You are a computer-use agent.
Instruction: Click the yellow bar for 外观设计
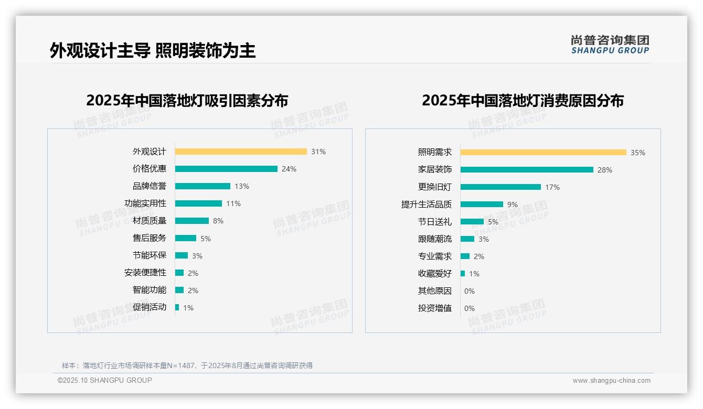241,152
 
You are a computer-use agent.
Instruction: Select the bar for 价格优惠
226,169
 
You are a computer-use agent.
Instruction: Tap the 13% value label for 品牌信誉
242,186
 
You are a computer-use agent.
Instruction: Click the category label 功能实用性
145,203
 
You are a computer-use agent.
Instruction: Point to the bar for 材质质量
192,221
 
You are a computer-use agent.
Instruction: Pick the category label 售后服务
150,238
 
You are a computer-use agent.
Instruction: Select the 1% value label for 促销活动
188,308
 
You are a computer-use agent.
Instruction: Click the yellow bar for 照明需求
544,153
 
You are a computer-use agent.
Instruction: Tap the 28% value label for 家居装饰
605,170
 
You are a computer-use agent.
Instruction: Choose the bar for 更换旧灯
500,187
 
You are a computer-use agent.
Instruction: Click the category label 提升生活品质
427,204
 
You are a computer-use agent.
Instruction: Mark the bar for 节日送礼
472,222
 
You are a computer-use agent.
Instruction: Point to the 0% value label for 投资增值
470,308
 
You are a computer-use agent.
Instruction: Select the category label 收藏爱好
435,274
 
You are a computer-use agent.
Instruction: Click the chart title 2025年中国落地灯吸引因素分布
187,101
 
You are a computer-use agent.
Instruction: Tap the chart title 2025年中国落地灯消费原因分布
523,101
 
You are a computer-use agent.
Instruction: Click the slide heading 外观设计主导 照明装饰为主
153,51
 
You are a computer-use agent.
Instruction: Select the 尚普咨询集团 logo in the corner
610,45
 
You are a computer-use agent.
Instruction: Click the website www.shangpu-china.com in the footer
611,381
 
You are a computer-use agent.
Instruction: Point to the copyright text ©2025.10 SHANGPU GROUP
105,380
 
